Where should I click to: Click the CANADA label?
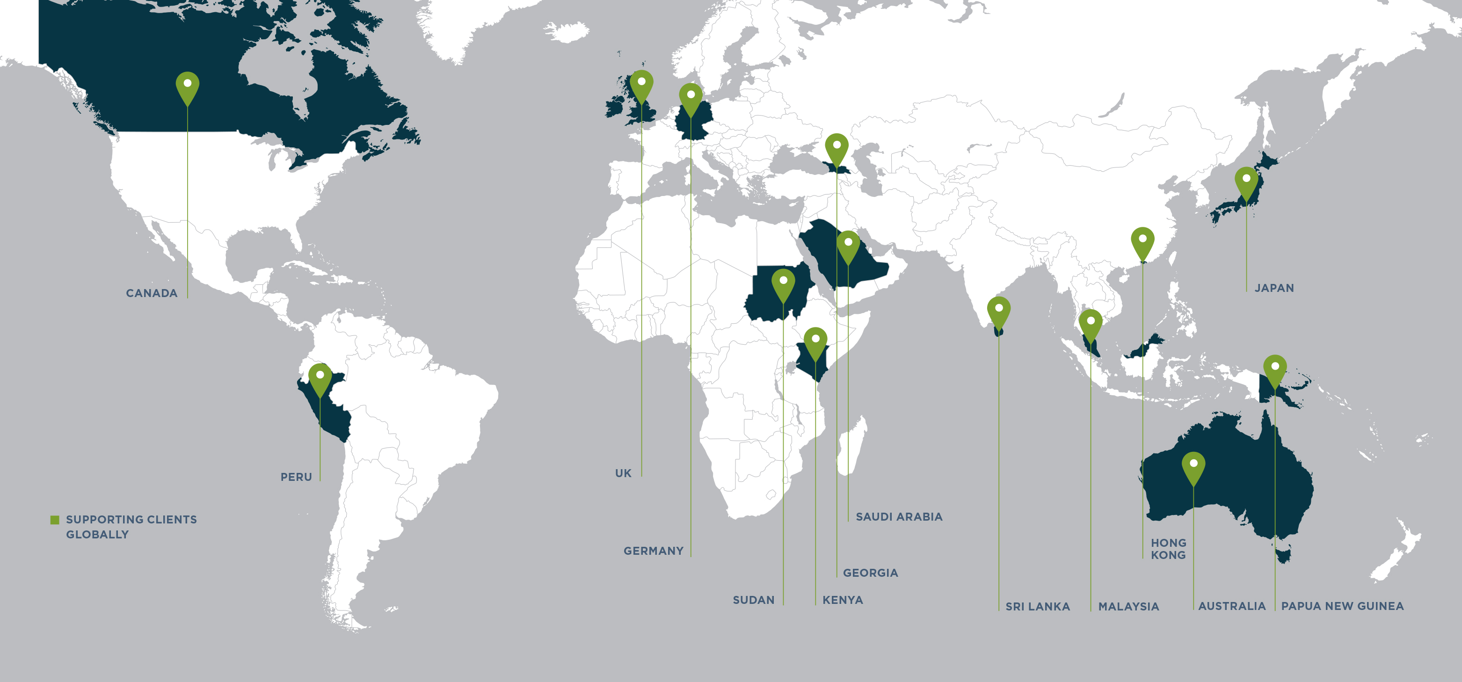click(x=152, y=293)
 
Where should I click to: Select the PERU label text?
click(x=296, y=477)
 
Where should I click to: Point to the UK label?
click(x=623, y=473)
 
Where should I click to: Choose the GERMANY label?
click(x=653, y=551)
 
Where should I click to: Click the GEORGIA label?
click(x=870, y=573)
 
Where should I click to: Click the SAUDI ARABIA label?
click(x=899, y=517)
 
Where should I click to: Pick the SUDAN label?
click(x=753, y=600)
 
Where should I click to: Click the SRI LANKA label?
click(x=1038, y=607)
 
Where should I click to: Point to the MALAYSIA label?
click(x=1128, y=607)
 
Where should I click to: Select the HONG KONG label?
click(x=1168, y=549)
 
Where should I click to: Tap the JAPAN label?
click(x=1274, y=288)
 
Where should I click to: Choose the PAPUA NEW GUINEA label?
click(x=1342, y=606)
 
